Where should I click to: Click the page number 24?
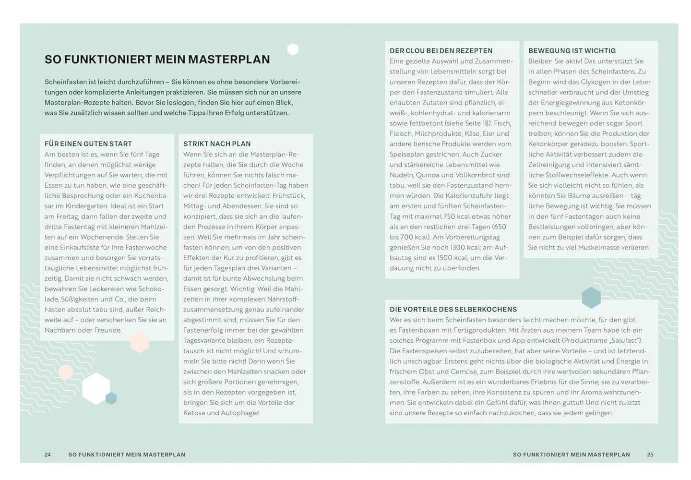coord(48,455)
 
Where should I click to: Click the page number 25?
coord(650,455)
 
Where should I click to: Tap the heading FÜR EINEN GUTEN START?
coord(88,144)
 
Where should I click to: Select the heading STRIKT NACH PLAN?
coord(217,144)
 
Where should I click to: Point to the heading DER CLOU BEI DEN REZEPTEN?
coord(441,50)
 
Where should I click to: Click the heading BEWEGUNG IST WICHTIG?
coord(572,50)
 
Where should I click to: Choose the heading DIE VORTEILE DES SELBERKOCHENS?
coord(453,310)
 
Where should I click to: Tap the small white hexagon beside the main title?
coord(293,49)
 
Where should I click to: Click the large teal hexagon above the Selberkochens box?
coord(591,298)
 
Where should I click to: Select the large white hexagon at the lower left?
coord(96,388)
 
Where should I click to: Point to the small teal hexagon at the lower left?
coord(111,398)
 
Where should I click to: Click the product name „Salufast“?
coord(624,340)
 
